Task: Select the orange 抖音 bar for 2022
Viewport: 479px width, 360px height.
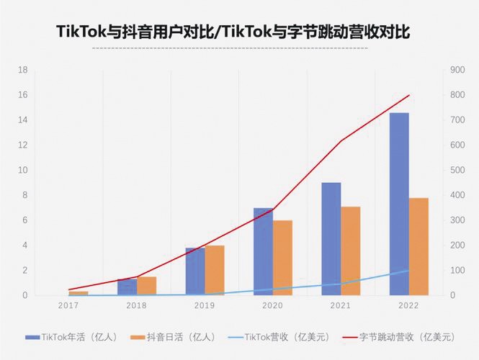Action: (x=418, y=246)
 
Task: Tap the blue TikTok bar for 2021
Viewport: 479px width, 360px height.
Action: (x=331, y=239)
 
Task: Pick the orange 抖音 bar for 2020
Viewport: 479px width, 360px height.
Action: (x=282, y=258)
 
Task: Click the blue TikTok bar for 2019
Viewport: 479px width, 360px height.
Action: (x=195, y=271)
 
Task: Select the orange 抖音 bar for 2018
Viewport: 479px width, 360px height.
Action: (x=147, y=286)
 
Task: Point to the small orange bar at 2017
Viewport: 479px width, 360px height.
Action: (x=79, y=293)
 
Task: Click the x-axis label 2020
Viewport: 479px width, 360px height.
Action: (x=273, y=306)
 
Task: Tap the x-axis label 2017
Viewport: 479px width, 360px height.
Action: (x=68, y=306)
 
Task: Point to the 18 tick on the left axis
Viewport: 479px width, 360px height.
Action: (x=22, y=70)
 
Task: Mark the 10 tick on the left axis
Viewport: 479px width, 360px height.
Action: (x=22, y=170)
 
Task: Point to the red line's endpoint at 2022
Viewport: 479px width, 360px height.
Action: (x=408, y=95)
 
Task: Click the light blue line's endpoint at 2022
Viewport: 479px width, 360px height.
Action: (x=408, y=271)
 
